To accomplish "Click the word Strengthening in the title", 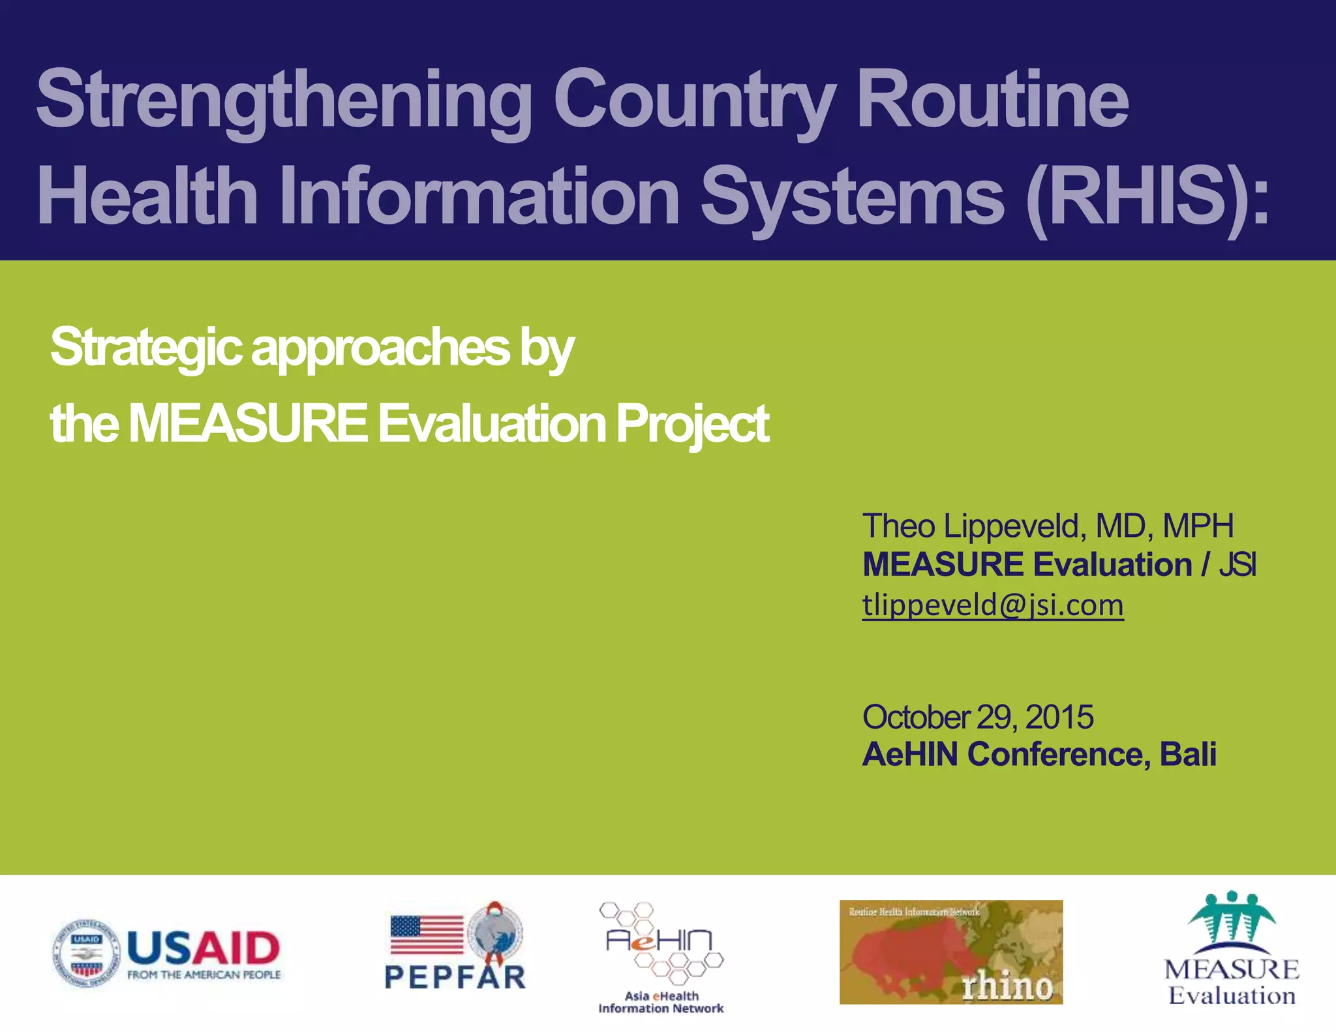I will click(x=284, y=100).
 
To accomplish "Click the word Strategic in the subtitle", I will click(x=146, y=347).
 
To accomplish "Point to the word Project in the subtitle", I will click(x=692, y=424).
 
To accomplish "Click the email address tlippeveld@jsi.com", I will click(x=992, y=605).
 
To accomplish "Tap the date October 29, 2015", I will click(x=977, y=717).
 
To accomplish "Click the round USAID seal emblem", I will click(x=86, y=953).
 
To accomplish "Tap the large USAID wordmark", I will click(x=204, y=947).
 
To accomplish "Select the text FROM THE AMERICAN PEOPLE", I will click(x=204, y=975).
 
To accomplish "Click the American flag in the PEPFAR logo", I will click(x=427, y=935).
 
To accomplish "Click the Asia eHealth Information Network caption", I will click(x=661, y=1002).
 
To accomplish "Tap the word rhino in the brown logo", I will click(x=1007, y=986).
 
